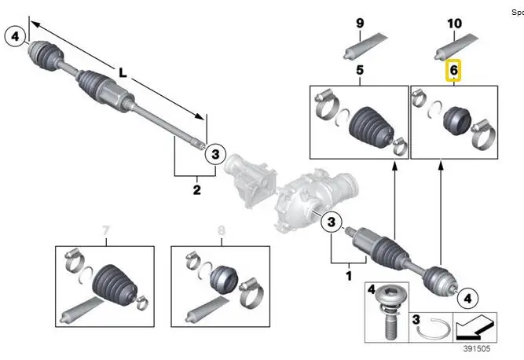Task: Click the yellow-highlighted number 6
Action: [454, 72]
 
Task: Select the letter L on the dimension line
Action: [123, 72]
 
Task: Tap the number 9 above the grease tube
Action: [361, 24]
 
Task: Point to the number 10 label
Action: [454, 24]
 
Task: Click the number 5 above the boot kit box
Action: [360, 71]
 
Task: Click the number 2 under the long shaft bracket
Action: [196, 189]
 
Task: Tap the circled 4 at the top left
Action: [16, 35]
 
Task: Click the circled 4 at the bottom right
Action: [467, 298]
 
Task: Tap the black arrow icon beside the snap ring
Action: [476, 324]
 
